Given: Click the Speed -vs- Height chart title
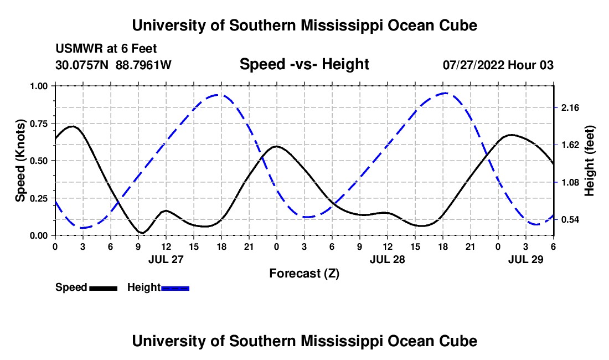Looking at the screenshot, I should click(304, 64).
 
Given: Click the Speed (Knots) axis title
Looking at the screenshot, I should click(20, 161).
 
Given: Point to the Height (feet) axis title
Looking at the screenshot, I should click(589, 161).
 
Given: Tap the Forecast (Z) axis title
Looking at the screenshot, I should click(304, 273).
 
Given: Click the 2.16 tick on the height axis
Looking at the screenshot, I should click(570, 107).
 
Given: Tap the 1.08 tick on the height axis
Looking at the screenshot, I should click(570, 182).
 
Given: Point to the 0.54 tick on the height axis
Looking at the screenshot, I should click(570, 220).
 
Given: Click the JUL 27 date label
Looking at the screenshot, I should click(166, 259).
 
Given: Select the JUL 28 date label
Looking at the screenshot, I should click(387, 259).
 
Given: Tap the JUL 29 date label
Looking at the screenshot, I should click(525, 259).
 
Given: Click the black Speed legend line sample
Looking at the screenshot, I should click(103, 288).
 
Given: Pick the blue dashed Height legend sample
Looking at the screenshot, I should click(176, 288).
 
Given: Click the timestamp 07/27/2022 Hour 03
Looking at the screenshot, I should click(498, 65).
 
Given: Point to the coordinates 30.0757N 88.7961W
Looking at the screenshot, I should click(113, 65).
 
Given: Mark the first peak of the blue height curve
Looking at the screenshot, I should click(220, 95).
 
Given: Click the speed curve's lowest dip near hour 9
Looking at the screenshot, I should click(142, 233).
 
